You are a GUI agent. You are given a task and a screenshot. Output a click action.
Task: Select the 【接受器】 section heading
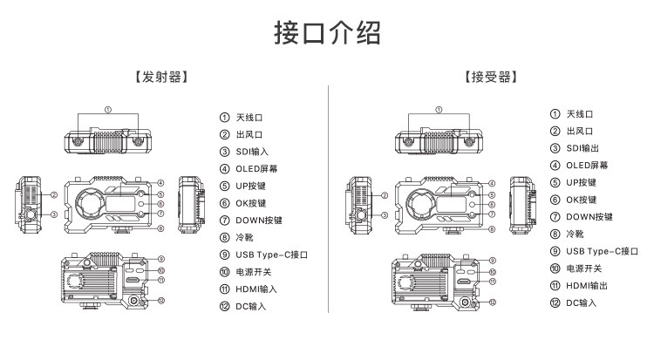492,77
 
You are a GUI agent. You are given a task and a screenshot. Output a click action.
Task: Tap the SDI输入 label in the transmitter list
252,152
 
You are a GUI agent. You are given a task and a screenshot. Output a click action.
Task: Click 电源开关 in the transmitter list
254,271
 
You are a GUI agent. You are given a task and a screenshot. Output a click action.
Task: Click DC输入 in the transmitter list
250,306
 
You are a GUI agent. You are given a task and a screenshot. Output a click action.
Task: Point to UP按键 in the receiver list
581,183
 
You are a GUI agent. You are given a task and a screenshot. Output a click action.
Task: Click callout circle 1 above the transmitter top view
108,111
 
